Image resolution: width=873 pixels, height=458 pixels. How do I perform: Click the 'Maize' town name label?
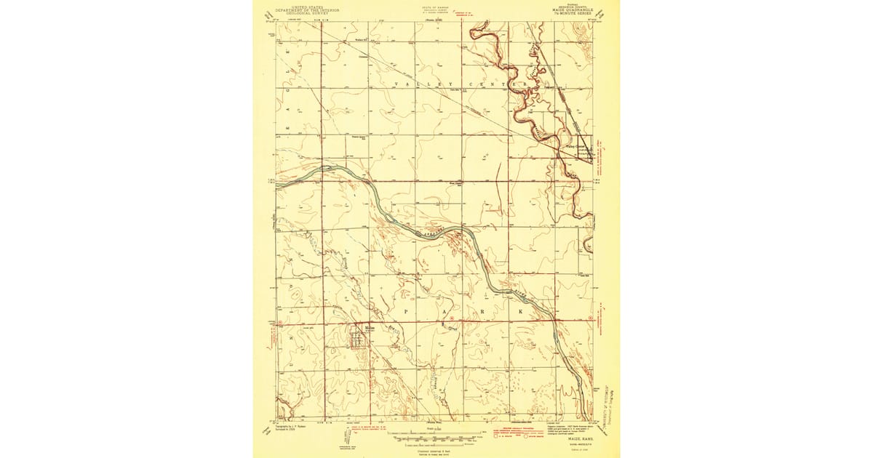[360, 329]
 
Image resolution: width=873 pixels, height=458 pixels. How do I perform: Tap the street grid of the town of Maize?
[360, 340]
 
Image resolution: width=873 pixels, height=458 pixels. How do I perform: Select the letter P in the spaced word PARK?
[406, 310]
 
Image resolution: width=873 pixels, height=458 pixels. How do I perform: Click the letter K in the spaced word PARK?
[520, 310]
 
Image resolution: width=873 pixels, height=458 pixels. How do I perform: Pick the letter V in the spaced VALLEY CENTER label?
[396, 84]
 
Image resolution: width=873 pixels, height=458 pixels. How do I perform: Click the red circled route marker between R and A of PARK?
[452, 318]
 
